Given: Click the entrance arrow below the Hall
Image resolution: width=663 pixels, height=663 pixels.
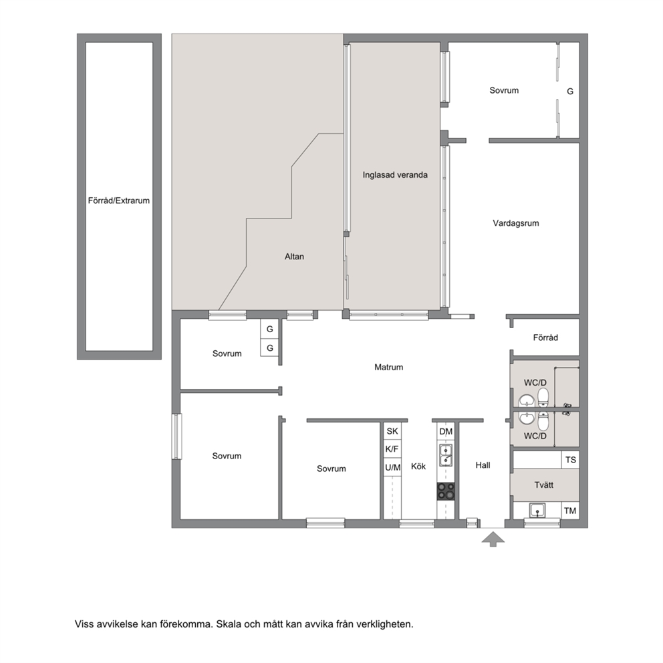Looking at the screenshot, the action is coord(493,539).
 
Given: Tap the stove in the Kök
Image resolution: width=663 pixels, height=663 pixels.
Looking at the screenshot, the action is coord(446,491).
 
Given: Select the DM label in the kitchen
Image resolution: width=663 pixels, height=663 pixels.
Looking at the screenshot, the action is coord(446,432).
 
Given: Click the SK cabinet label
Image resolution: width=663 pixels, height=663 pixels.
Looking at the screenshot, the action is coord(392,431).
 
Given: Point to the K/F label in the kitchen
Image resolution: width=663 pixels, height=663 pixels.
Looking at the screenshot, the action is coord(392,449).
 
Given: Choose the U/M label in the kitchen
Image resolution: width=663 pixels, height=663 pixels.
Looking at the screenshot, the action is coord(393,468).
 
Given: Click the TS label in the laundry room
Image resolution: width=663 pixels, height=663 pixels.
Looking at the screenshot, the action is coord(570,460).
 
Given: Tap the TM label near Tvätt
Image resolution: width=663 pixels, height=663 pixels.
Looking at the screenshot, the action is coord(570,511).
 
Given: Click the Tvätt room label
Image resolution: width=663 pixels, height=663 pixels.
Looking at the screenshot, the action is coord(544,485).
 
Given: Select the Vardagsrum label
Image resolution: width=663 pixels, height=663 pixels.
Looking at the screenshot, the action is coord(516,223).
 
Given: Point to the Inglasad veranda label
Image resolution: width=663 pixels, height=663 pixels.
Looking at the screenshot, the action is coord(395,175).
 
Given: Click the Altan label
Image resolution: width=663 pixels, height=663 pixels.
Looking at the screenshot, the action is coord(294,257).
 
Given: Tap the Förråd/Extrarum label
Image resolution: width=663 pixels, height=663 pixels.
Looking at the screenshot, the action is coord(119,201).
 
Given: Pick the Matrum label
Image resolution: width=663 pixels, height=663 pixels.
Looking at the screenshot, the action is coord(388,368).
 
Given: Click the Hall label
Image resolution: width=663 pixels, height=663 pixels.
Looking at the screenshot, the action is coord(483,466).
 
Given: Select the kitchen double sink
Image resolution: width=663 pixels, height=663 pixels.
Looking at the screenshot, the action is coord(446,455).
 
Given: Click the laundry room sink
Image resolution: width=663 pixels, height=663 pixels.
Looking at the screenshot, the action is coord(537,511).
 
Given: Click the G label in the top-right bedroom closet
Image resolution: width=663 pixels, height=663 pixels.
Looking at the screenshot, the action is coord(570,92).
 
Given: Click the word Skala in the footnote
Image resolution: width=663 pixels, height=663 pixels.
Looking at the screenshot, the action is coord(229,624).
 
